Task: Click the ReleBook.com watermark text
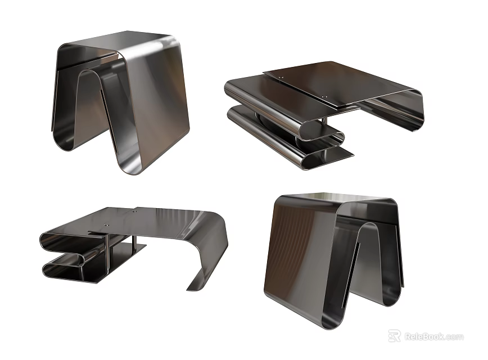434,337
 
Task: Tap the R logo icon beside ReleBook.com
395,336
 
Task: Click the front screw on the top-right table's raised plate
324,97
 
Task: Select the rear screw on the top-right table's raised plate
283,73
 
